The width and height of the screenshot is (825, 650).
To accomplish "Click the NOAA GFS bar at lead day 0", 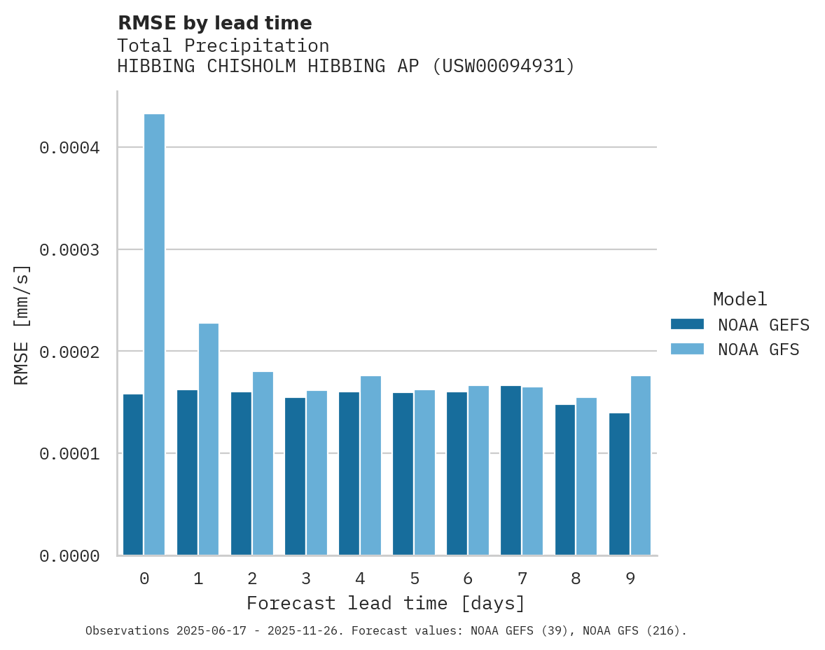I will pyautogui.click(x=155, y=335).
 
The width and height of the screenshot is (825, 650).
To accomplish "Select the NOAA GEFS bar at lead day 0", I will pyautogui.click(x=133, y=475).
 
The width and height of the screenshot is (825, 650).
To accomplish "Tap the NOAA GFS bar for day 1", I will pyautogui.click(x=209, y=439).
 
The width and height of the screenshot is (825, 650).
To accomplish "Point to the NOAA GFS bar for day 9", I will pyautogui.click(x=641, y=466).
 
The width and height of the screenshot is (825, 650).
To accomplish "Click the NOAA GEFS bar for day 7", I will pyautogui.click(x=511, y=471).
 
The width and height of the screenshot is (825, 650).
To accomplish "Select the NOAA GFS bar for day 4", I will pyautogui.click(x=370, y=466).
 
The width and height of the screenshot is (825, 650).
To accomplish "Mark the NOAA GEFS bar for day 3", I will pyautogui.click(x=295, y=476).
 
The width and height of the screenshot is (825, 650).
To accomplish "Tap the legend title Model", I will pyautogui.click(x=740, y=299).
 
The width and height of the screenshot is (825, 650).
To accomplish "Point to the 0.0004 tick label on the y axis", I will pyautogui.click(x=69, y=148).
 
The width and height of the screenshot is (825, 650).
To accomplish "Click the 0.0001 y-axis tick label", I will pyautogui.click(x=69, y=454).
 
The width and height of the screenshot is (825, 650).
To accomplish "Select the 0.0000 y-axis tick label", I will pyautogui.click(x=69, y=556).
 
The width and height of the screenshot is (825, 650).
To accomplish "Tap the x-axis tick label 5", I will pyautogui.click(x=415, y=579).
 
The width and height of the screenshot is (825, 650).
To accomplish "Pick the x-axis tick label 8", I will pyautogui.click(x=576, y=579).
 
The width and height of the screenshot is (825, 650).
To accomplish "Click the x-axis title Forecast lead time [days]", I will pyautogui.click(x=386, y=603).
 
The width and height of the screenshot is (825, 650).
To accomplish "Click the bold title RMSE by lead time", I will pyautogui.click(x=214, y=23).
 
